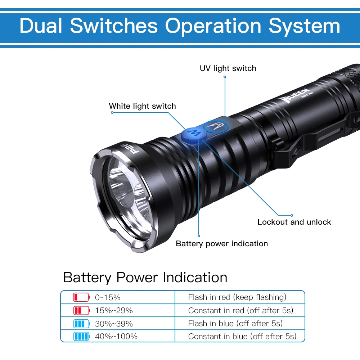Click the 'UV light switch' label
(228, 68)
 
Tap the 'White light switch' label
(142, 106)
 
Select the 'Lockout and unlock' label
(294, 222)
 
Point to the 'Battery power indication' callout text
(222, 244)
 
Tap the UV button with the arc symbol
(215, 125)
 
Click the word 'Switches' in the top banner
(114, 26)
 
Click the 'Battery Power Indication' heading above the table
(145, 278)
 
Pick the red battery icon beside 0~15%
(81, 297)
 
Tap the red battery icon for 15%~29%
(81, 310)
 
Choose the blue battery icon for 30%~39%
(81, 324)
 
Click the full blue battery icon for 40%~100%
(81, 337)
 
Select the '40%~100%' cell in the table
(116, 337)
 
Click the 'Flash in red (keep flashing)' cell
(237, 297)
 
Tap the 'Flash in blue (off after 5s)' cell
(235, 324)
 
